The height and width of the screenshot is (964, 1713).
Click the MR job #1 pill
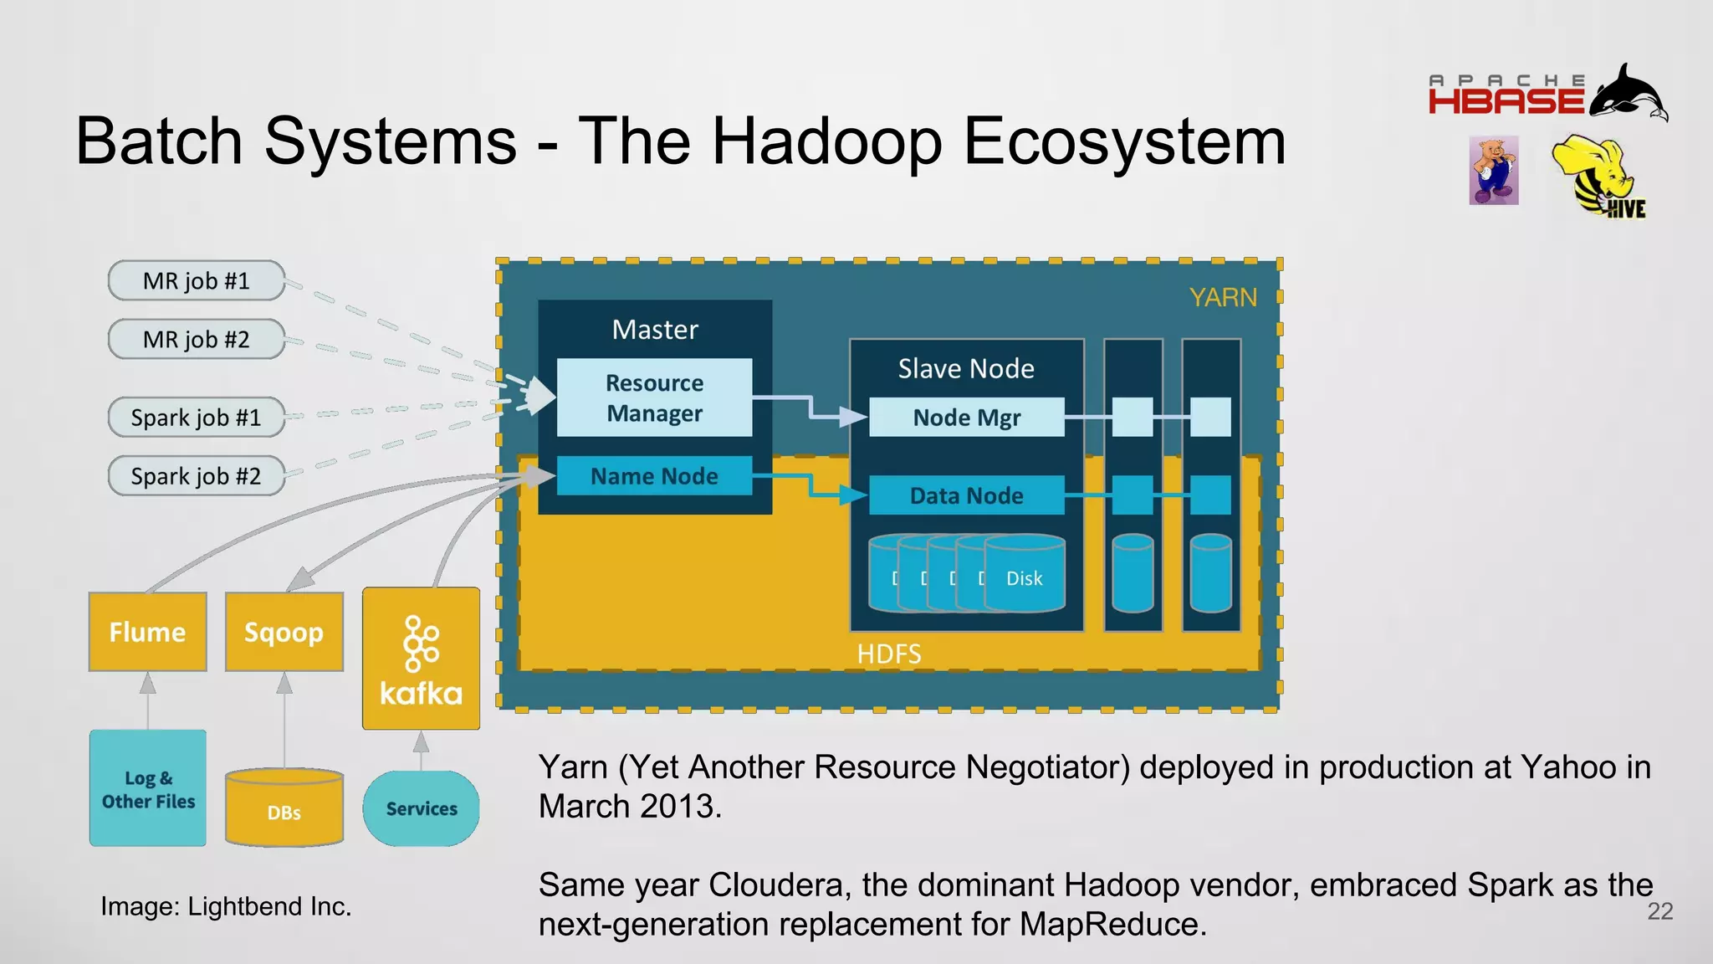tap(196, 281)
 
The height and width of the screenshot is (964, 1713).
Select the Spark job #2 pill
tap(196, 476)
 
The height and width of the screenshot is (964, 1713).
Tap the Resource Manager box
tap(654, 397)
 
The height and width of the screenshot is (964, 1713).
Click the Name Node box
tap(654, 476)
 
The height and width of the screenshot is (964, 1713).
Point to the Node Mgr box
tap(966, 418)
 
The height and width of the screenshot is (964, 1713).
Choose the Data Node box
tap(966, 495)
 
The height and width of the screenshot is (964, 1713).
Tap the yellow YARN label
tap(1223, 298)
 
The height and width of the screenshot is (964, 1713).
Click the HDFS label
tap(888, 654)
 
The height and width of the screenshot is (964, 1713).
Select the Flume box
tap(148, 632)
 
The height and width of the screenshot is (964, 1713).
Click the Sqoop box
tap(284, 632)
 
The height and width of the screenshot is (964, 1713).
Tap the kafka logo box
tap(421, 659)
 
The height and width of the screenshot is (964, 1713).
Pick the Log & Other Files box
tap(148, 788)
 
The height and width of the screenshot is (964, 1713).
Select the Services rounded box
tap(421, 808)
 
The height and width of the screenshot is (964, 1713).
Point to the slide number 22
tap(1659, 911)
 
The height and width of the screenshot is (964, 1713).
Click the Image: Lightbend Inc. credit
tap(226, 906)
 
